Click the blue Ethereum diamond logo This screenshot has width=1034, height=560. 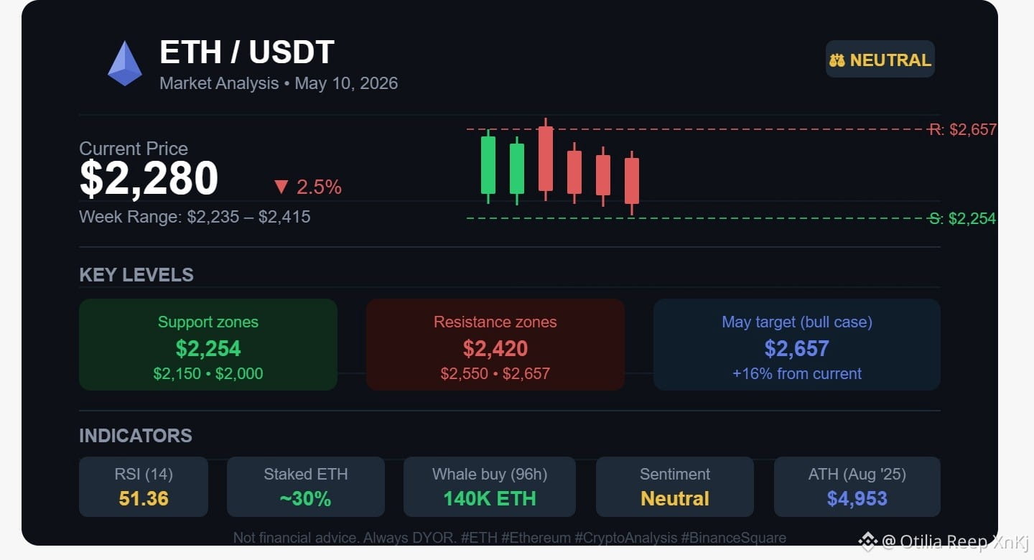[125, 64]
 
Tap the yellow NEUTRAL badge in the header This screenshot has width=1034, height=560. [880, 59]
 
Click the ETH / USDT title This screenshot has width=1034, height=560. [247, 52]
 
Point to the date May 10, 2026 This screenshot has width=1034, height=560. [346, 83]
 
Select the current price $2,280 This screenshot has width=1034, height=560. [149, 178]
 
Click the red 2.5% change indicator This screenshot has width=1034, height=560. [307, 187]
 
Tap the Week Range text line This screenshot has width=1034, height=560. [195, 217]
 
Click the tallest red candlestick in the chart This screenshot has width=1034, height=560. [546, 159]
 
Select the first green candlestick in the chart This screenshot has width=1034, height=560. [488, 165]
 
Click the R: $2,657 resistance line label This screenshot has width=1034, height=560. [963, 130]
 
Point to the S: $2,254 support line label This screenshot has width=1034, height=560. [963, 218]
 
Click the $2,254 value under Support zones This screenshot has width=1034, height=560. [208, 348]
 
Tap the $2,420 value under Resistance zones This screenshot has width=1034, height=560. [495, 348]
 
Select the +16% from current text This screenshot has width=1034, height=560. [797, 373]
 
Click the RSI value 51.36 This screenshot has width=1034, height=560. [144, 498]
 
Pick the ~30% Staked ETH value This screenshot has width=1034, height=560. [306, 498]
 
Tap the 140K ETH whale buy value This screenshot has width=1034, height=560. [490, 498]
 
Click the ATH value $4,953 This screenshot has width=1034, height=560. [857, 498]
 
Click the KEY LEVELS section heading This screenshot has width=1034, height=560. [136, 275]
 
